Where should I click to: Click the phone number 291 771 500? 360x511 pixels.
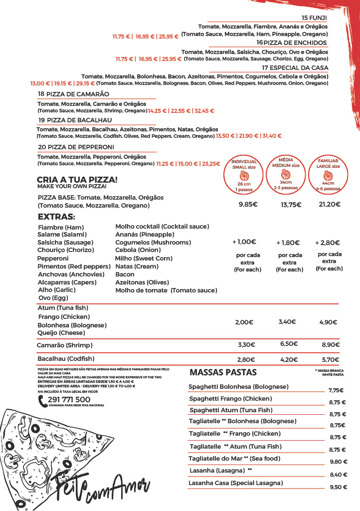coord(69,399)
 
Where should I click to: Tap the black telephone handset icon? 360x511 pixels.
coord(42,401)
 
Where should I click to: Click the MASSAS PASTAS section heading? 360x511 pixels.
coord(223,372)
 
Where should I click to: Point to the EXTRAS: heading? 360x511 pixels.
coord(56,217)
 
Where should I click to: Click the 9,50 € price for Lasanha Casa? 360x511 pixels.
coord(338,487)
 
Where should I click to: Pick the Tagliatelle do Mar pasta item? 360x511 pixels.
coord(234,459)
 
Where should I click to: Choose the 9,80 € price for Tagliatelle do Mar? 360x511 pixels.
coord(338,462)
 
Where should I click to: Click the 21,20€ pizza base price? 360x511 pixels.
coord(330,204)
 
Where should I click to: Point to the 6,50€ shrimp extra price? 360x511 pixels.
coord(289,344)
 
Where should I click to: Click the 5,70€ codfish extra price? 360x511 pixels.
coord(331,359)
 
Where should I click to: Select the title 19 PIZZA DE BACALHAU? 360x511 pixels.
coord(75,120)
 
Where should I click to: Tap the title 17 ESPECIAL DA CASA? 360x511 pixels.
coord(295,67)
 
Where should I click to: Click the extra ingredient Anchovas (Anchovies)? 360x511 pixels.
coord(71,274)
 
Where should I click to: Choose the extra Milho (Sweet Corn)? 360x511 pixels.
coord(144,258)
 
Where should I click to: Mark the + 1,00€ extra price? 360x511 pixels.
coord(244,242)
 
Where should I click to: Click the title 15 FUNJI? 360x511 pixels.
coord(314,17)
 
